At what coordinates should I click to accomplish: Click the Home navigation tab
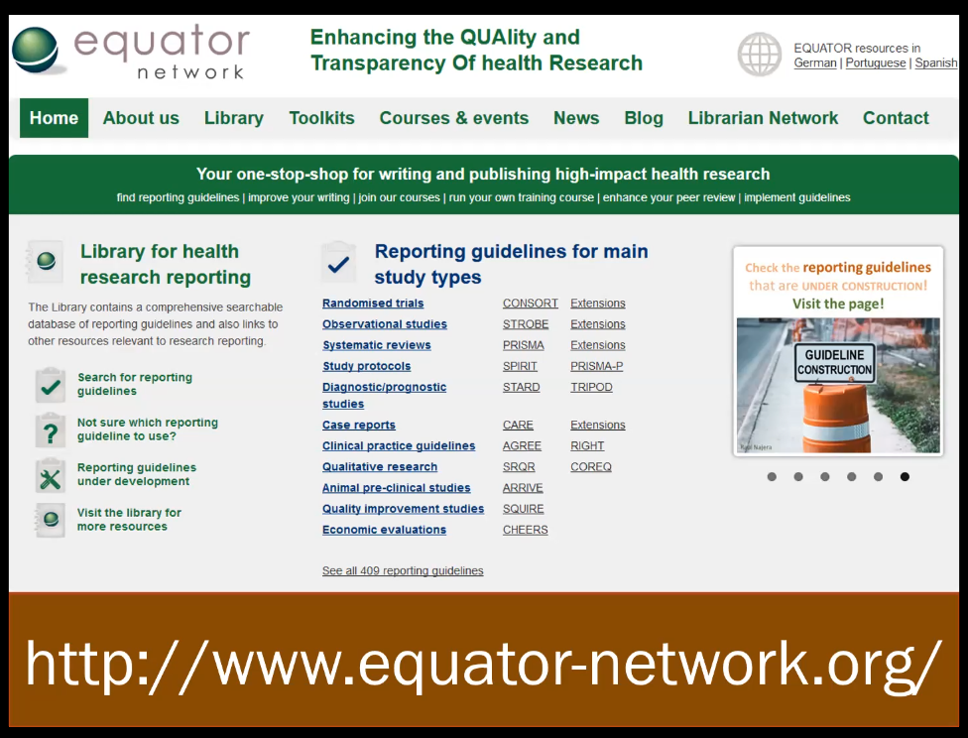pyautogui.click(x=54, y=118)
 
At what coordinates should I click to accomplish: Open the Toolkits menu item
pyautogui.click(x=321, y=118)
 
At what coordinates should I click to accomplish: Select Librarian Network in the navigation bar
pyautogui.click(x=763, y=118)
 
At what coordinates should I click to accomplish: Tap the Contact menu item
pyautogui.click(x=896, y=118)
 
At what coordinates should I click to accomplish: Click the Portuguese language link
pyautogui.click(x=876, y=63)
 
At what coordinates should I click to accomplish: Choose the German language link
pyautogui.click(x=815, y=63)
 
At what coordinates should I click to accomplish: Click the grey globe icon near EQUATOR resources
pyautogui.click(x=760, y=55)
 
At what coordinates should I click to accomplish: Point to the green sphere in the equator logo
pyautogui.click(x=35, y=50)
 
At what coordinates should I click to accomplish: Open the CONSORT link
pyautogui.click(x=531, y=304)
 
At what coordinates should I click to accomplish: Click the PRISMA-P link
pyautogui.click(x=596, y=366)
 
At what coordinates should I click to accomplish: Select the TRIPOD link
pyautogui.click(x=591, y=387)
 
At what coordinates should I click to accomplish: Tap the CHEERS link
pyautogui.click(x=526, y=530)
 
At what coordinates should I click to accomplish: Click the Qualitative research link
pyautogui.click(x=380, y=467)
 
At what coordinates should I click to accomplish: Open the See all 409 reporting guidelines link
pyautogui.click(x=403, y=570)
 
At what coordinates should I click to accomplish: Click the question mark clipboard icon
pyautogui.click(x=50, y=430)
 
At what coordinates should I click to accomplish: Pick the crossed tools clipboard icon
pyautogui.click(x=50, y=475)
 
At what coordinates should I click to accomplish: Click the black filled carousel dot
pyautogui.click(x=906, y=477)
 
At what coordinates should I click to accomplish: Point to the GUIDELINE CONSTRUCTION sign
pyautogui.click(x=835, y=362)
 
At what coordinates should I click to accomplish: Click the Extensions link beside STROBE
pyautogui.click(x=598, y=324)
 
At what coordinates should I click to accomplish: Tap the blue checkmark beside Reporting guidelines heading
pyautogui.click(x=338, y=264)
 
